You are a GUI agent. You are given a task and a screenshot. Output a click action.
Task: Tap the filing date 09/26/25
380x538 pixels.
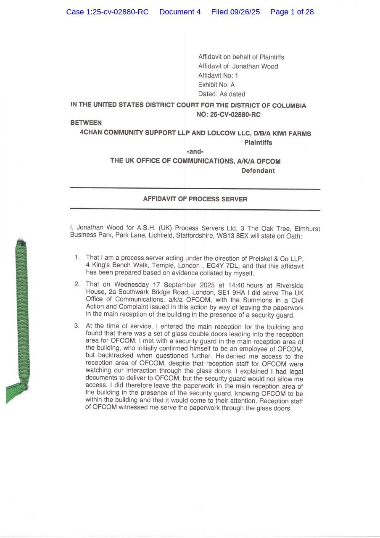point(245,12)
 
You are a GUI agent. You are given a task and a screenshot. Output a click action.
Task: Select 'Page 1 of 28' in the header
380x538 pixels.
point(292,12)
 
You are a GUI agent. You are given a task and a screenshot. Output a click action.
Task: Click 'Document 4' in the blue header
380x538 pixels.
point(180,12)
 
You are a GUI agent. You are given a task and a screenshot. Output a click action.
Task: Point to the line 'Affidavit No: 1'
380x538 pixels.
point(218,76)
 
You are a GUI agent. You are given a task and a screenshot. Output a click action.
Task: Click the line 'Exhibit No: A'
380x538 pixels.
point(216,85)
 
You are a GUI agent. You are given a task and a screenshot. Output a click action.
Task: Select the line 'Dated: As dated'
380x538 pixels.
point(222,94)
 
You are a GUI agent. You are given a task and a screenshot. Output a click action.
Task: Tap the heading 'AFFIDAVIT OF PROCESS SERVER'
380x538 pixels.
point(195,199)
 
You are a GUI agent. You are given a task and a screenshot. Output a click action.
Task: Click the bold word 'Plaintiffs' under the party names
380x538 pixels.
point(258,142)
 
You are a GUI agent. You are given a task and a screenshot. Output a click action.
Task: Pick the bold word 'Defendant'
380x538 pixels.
point(258,171)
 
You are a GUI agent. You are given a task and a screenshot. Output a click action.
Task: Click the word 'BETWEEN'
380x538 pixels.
point(86,123)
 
